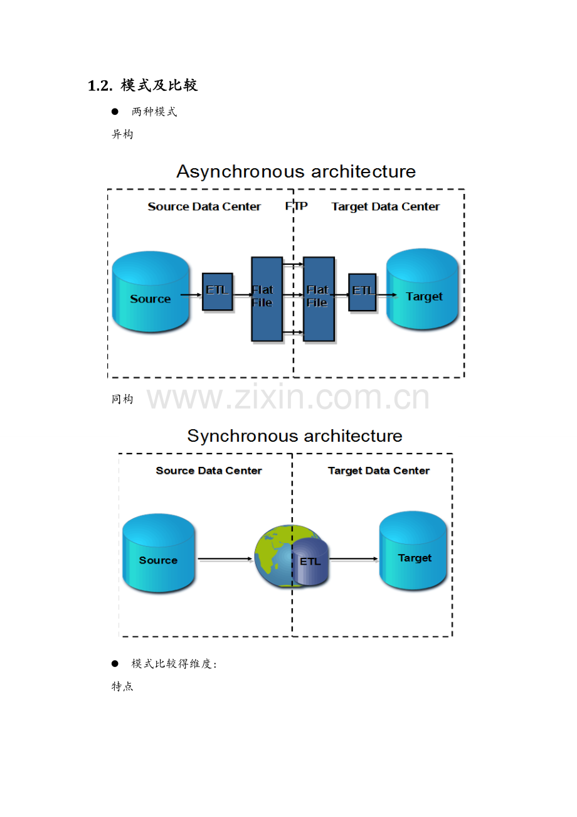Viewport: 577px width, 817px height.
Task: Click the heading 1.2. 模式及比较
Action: tap(143, 85)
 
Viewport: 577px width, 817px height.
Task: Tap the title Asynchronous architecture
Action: tap(296, 171)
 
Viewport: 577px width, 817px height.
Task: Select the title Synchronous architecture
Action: tap(295, 435)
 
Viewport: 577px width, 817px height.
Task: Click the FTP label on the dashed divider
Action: tap(296, 206)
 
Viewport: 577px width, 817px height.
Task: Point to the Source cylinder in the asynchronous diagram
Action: tap(151, 291)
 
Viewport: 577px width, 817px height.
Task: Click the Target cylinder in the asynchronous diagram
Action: tap(422, 289)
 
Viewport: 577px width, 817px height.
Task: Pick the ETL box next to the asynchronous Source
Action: tap(217, 291)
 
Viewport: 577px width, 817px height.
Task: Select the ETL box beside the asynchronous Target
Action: tap(363, 292)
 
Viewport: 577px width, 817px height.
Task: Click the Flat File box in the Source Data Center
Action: tap(267, 299)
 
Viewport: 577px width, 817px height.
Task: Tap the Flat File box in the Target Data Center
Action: tap(319, 299)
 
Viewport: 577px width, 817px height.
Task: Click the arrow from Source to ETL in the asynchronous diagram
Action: tap(191, 295)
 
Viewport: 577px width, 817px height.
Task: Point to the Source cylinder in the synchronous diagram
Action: tap(159, 553)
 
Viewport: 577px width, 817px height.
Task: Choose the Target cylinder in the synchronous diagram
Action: tap(413, 550)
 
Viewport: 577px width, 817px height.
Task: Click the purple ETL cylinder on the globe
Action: tap(310, 562)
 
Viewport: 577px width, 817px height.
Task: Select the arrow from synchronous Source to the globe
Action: tap(225, 558)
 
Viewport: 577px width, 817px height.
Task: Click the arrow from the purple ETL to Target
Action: tap(354, 558)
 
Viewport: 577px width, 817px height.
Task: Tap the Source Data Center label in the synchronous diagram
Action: tap(209, 471)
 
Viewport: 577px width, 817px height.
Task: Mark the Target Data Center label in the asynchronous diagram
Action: tap(385, 206)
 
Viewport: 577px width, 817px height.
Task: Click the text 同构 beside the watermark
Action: tap(122, 399)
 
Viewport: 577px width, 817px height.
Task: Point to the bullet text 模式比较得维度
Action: tap(174, 663)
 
